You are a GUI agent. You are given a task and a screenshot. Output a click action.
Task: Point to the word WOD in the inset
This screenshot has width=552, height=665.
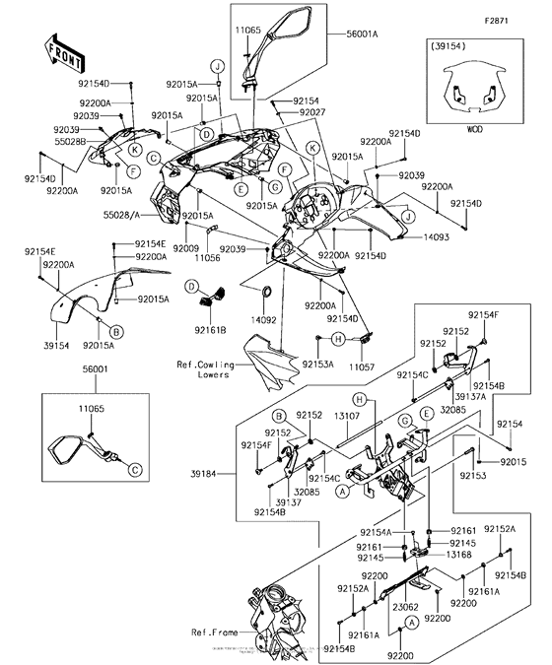pyautogui.click(x=474, y=128)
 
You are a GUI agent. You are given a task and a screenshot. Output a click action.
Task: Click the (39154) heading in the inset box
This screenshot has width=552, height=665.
pyautogui.click(x=448, y=45)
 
